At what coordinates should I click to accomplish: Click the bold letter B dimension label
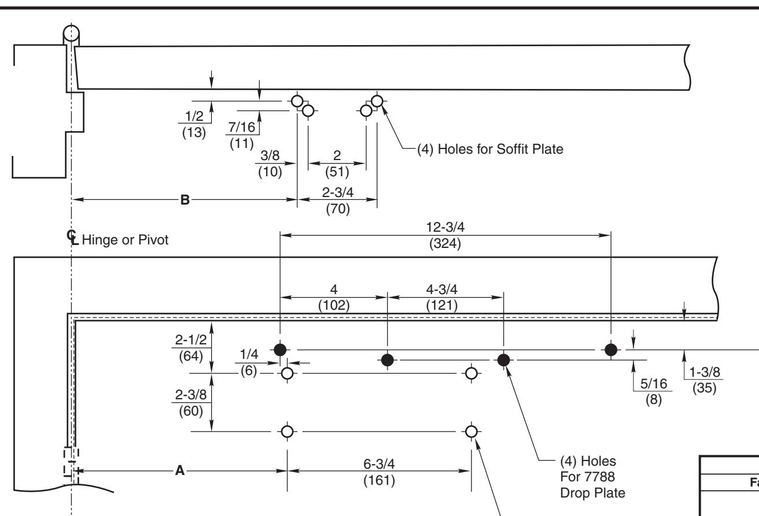(185, 199)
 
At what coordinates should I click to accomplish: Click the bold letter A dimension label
(180, 470)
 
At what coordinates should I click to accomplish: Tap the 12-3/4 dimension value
(445, 227)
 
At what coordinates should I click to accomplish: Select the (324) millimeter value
(445, 243)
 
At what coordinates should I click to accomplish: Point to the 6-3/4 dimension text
(379, 464)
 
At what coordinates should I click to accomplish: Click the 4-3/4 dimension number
(441, 289)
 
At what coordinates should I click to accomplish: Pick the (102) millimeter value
(334, 306)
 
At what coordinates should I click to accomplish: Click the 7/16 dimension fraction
(242, 127)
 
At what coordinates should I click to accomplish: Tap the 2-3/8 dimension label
(191, 395)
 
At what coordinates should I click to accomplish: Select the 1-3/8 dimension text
(705, 372)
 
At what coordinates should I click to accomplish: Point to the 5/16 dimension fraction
(654, 384)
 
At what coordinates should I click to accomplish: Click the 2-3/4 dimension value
(337, 192)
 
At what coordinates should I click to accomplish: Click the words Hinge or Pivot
(125, 240)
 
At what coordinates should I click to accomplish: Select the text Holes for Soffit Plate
(500, 149)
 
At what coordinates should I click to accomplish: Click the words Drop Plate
(592, 493)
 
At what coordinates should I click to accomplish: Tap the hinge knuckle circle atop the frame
(71, 34)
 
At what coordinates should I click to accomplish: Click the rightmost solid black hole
(611, 350)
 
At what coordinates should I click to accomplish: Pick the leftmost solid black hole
(280, 350)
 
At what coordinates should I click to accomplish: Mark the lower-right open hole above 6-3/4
(471, 432)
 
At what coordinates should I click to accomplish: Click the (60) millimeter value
(191, 411)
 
